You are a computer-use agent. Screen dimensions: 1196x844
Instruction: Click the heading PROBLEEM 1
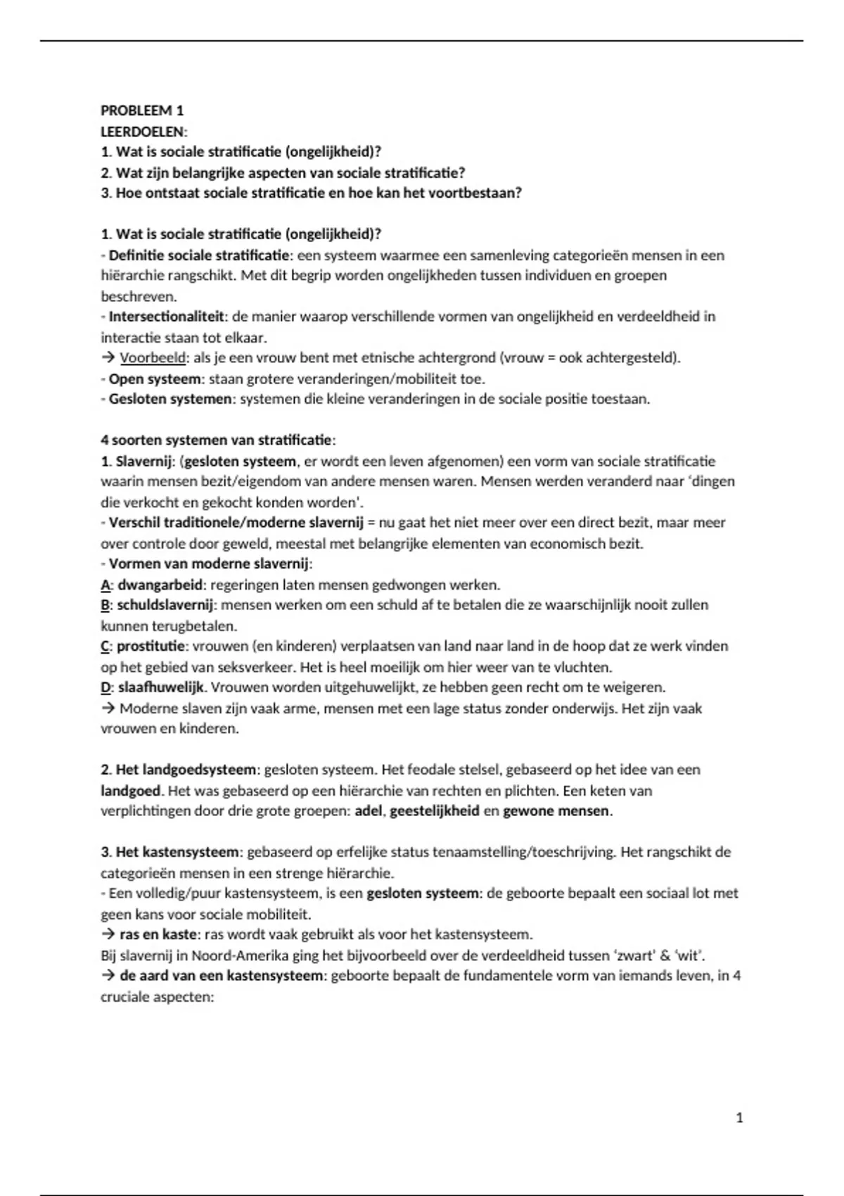(142, 110)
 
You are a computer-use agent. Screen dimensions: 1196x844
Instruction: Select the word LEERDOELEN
(143, 132)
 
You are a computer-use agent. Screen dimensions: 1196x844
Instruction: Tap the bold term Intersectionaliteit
(166, 317)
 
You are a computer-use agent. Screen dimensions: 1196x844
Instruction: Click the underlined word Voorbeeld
(153, 358)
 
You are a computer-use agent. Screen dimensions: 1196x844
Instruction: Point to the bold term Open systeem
(155, 378)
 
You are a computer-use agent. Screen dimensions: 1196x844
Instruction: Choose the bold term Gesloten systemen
(170, 399)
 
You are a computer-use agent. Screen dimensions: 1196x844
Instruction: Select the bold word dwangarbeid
(161, 585)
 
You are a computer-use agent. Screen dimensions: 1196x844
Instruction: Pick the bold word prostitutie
(151, 646)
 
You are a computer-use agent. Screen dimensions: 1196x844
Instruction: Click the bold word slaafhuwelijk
(161, 687)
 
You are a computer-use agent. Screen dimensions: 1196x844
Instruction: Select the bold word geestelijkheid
(434, 810)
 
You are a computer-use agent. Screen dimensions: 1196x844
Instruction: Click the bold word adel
(368, 810)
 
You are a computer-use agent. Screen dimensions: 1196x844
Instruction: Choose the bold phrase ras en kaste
(158, 934)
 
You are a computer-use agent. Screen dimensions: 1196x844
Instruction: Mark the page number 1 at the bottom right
(739, 1117)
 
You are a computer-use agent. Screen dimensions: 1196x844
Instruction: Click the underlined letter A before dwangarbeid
(105, 585)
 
